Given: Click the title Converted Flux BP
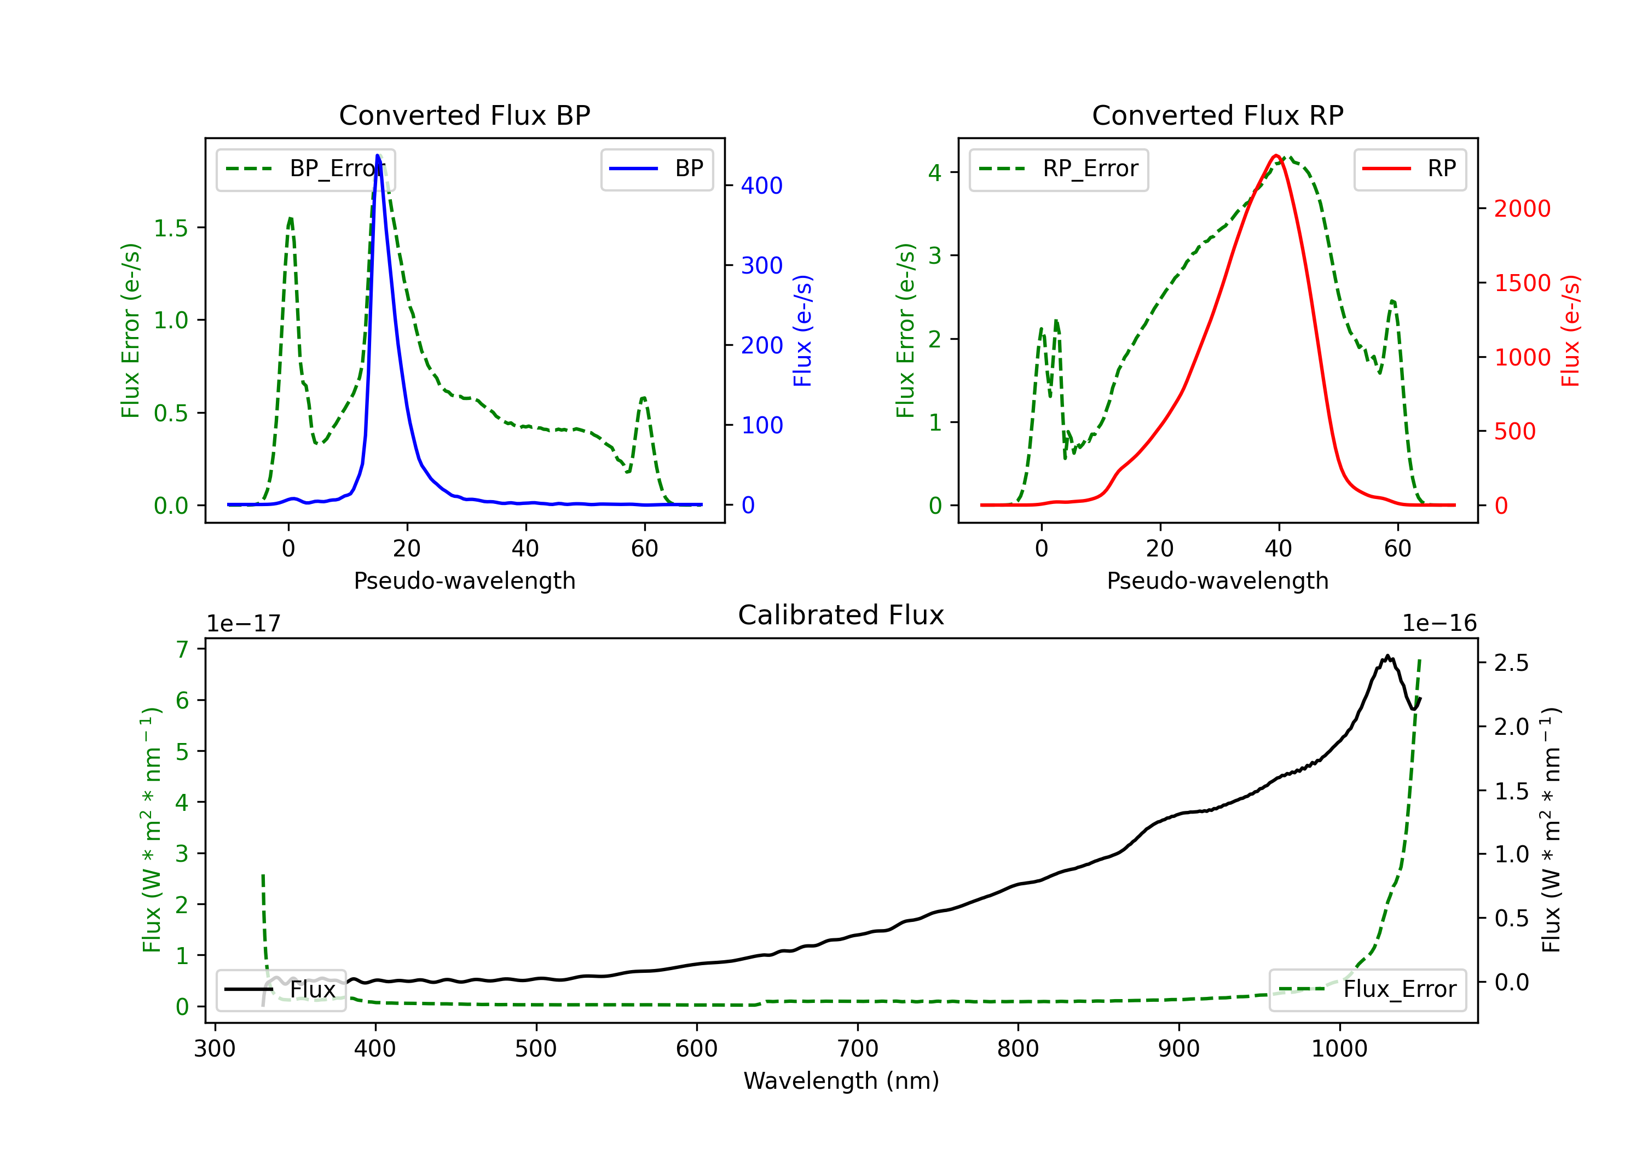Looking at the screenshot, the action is pos(464,115).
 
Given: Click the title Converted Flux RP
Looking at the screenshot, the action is pos(1217,115).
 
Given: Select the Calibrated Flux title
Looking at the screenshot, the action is pos(841,615).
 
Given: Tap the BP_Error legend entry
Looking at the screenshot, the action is pos(306,169).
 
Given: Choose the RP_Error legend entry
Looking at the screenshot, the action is pos(1059,169).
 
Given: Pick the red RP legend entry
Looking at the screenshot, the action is pos(1409,169).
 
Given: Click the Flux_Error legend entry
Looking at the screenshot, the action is pos(1367,990).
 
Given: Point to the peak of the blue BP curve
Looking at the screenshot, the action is pos(377,155).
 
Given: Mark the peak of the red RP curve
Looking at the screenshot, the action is pos(1276,155).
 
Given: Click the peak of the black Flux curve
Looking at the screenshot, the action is pos(1387,655).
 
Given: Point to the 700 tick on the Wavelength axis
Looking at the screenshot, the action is pos(858,1049).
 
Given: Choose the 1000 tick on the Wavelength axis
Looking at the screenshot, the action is pos(1339,1049).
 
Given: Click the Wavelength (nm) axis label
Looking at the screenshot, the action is pos(841,1081).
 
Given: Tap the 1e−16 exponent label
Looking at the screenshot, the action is pos(1439,624).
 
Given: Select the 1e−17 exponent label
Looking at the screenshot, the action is pos(244,624).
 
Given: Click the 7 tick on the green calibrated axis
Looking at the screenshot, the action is pos(182,649).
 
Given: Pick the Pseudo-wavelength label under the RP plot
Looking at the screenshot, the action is pos(1217,581).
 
